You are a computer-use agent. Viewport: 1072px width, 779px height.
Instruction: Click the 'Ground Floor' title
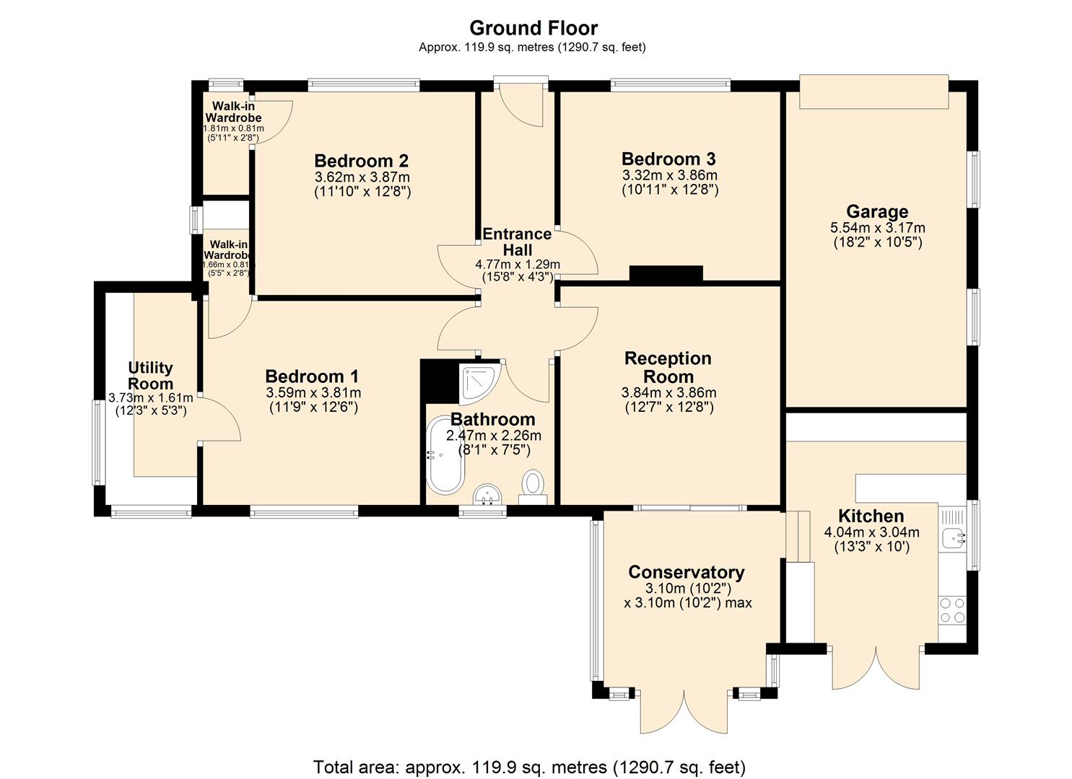click(x=533, y=28)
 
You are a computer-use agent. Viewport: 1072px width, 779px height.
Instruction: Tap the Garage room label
click(x=877, y=211)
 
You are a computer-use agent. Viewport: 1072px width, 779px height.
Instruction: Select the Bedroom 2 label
click(x=362, y=160)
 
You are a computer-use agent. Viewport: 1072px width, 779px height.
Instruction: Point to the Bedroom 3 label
click(x=669, y=159)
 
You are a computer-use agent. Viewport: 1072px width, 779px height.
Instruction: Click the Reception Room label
click(x=668, y=367)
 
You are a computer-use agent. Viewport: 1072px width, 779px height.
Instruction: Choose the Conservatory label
click(x=687, y=572)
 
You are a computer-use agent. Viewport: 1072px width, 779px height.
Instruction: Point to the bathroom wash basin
click(x=487, y=496)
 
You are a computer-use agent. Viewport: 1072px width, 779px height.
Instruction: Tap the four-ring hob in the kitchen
click(x=952, y=610)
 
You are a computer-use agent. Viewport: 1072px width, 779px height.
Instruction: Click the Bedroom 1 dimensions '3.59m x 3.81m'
click(x=313, y=393)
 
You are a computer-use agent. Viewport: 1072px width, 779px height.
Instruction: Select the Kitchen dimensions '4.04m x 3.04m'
click(x=871, y=532)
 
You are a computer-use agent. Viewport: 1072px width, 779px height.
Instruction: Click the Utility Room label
click(x=150, y=376)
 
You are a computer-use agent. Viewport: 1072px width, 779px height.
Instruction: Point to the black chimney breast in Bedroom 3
click(x=666, y=273)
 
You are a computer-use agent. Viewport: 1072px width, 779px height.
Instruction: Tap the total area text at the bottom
click(x=529, y=766)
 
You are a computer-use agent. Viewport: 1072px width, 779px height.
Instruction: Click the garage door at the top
click(x=873, y=92)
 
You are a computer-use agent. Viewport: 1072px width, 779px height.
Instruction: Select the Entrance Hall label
click(x=517, y=242)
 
